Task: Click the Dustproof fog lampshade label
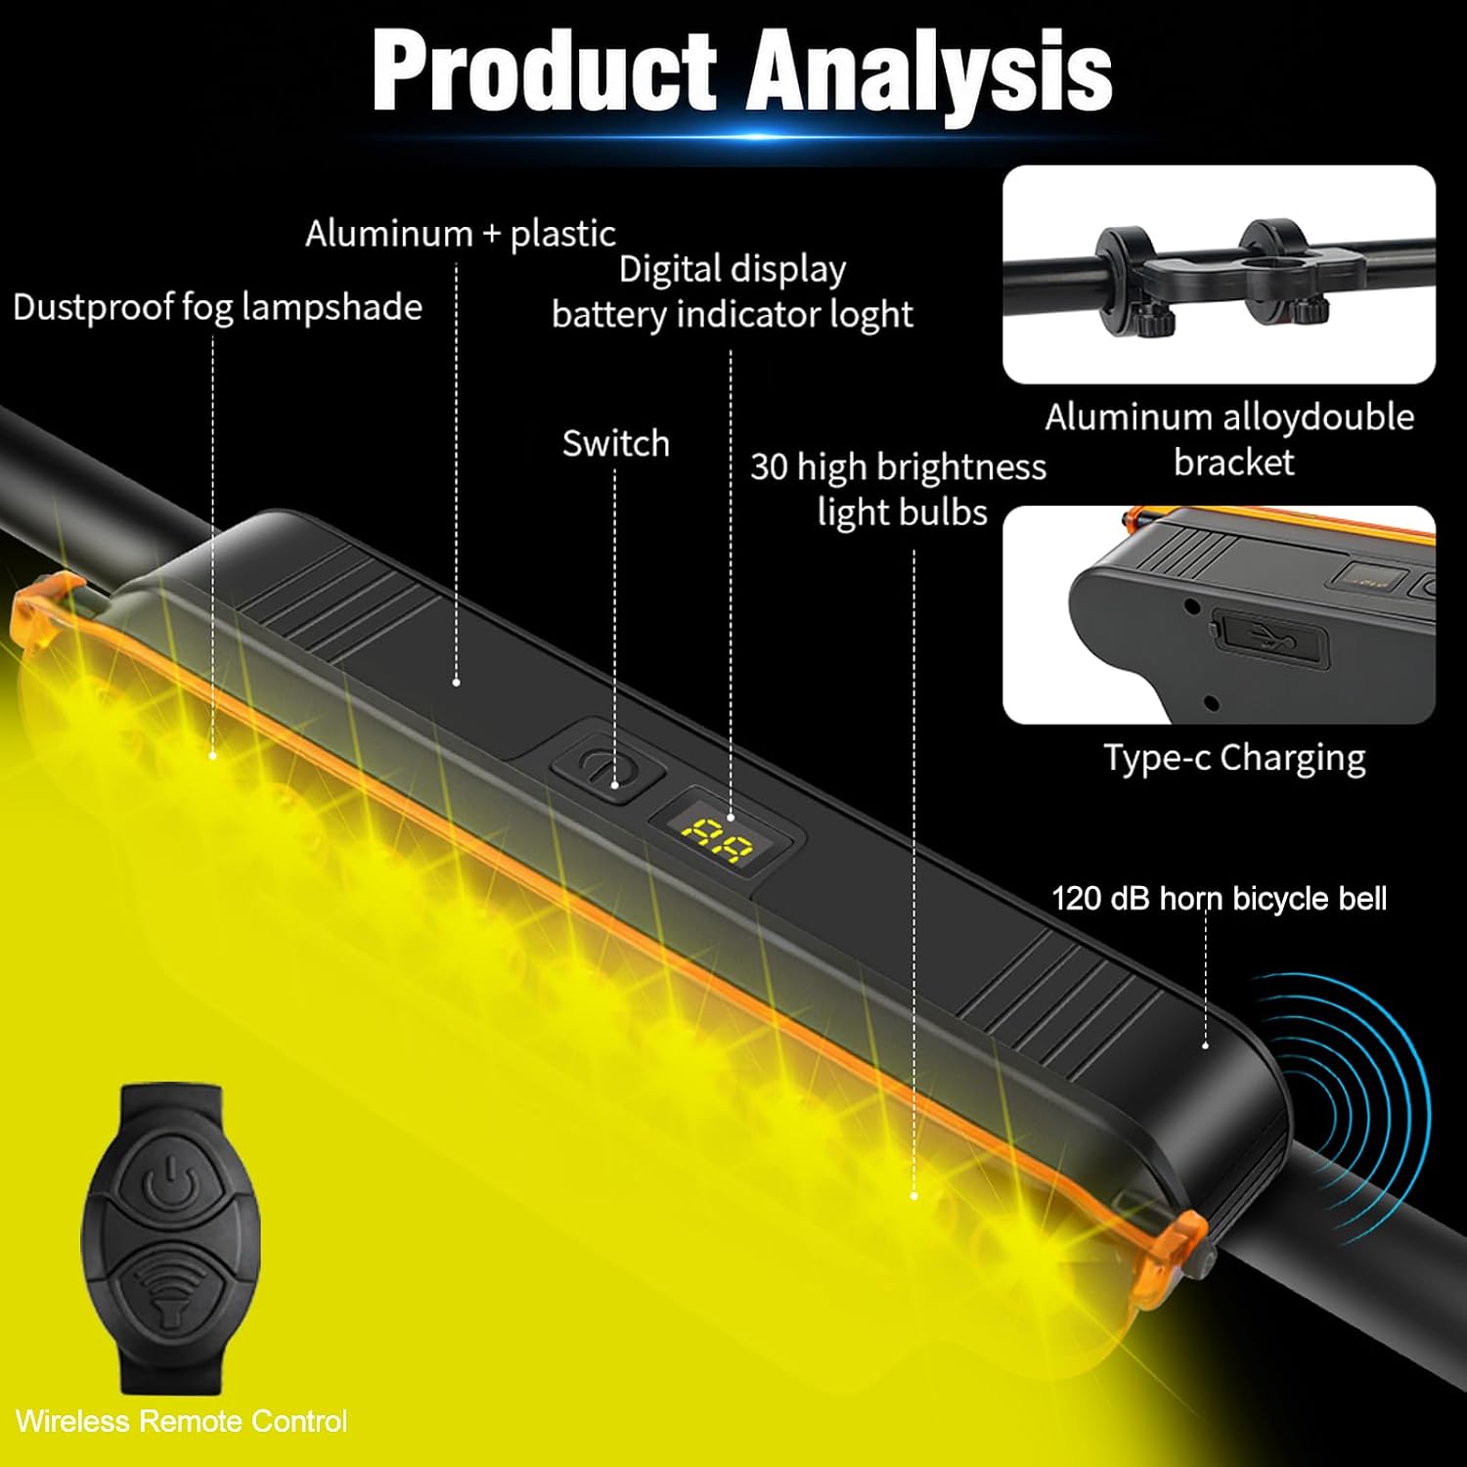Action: pyautogui.click(x=217, y=307)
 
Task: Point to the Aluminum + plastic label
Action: pyautogui.click(x=460, y=234)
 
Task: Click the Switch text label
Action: pyautogui.click(x=615, y=443)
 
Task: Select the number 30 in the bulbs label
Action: pyautogui.click(x=769, y=467)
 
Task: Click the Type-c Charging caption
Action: pyautogui.click(x=1234, y=758)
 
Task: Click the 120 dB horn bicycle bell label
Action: pyautogui.click(x=1219, y=898)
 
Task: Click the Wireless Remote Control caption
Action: pyautogui.click(x=181, y=1421)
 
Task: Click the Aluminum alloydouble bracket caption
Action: pyautogui.click(x=1229, y=439)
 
